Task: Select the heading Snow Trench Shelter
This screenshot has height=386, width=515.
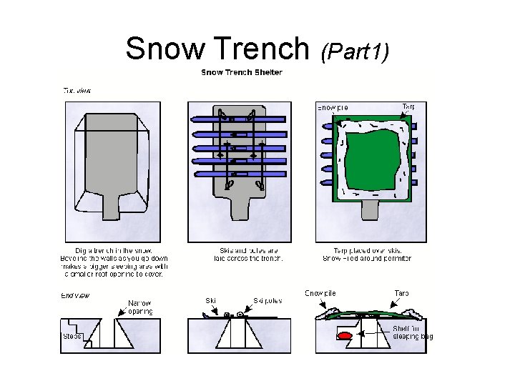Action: (x=241, y=72)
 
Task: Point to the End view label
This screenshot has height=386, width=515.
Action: (x=75, y=294)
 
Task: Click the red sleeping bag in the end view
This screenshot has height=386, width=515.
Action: (x=344, y=334)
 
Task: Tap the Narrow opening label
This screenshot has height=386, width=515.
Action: (x=139, y=307)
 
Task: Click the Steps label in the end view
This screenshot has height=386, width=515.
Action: (x=72, y=335)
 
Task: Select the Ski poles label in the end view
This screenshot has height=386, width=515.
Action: (x=268, y=301)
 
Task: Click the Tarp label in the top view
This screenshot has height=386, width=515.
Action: (x=408, y=107)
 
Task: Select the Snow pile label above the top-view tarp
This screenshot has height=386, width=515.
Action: (x=333, y=108)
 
